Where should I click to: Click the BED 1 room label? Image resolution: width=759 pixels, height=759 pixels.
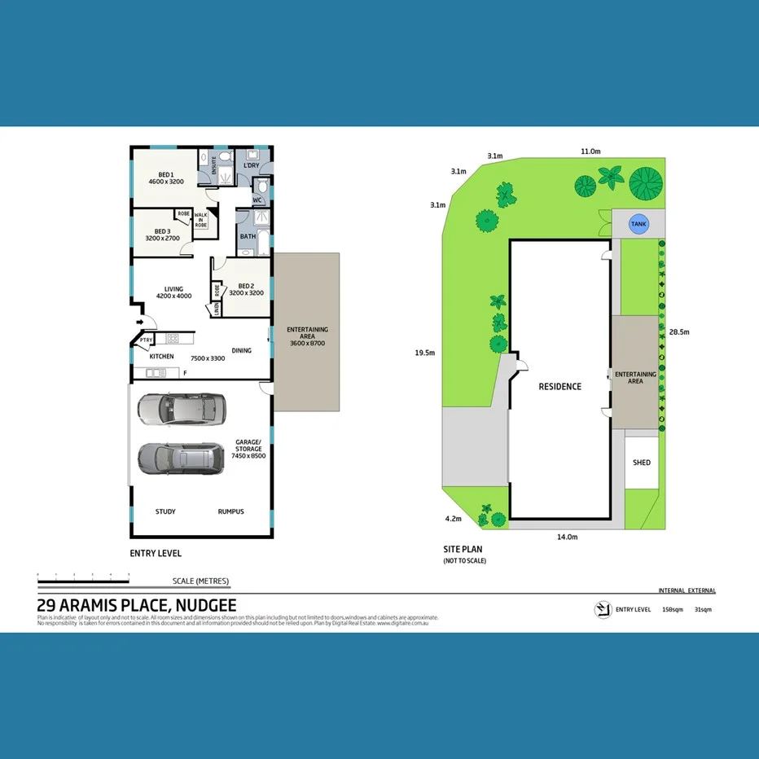click(x=165, y=178)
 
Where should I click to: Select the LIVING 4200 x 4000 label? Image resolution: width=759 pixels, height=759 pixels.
click(x=173, y=292)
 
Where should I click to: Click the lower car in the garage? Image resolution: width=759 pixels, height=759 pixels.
click(x=180, y=458)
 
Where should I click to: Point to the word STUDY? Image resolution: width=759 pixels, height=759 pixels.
click(x=165, y=511)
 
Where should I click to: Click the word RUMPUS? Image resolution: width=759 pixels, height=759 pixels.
click(x=230, y=511)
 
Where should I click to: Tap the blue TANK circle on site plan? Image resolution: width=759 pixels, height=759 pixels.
click(x=640, y=222)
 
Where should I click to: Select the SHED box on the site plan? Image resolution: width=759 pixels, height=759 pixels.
click(x=642, y=463)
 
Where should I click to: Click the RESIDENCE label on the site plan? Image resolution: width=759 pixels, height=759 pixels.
click(x=559, y=386)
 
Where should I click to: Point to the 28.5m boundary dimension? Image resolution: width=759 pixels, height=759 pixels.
click(x=679, y=332)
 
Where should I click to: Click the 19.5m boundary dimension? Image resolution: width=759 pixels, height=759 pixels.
click(x=424, y=353)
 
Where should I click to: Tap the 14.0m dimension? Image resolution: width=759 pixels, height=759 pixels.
click(x=567, y=537)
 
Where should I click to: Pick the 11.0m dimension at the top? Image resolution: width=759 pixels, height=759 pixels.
click(x=590, y=151)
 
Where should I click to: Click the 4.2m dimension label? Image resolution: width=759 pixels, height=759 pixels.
click(x=454, y=519)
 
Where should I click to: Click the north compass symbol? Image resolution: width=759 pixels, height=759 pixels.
click(x=603, y=609)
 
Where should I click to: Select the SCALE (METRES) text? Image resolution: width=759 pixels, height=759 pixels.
click(x=200, y=581)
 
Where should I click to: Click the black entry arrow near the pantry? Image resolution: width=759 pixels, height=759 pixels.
click(x=142, y=322)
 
